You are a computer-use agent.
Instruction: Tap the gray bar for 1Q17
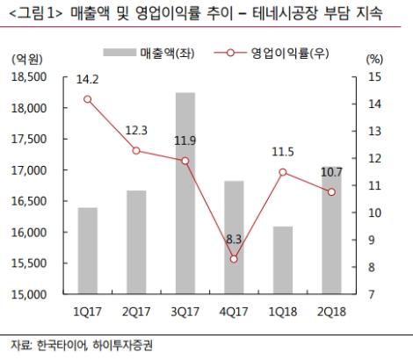[88, 250]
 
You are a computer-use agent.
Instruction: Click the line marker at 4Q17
[235, 259]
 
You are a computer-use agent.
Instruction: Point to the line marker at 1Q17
[88, 98]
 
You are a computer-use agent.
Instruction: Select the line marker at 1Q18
[283, 171]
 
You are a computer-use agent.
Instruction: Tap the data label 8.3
[235, 238]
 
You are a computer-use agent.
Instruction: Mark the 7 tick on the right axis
[376, 294]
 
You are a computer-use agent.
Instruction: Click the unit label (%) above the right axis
[373, 59]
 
